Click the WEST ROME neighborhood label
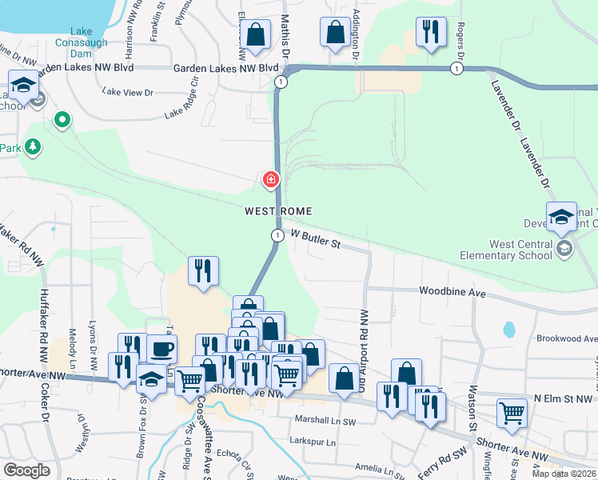[277, 210]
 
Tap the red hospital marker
[272, 179]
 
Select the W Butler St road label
[316, 238]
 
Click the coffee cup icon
[161, 349]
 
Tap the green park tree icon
[33, 146]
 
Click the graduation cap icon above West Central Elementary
[562, 216]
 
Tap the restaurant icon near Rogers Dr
[431, 32]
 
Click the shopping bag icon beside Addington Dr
[335, 33]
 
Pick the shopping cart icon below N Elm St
[512, 414]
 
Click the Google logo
[26, 470]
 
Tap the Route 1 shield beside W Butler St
[277, 235]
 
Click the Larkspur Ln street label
[313, 441]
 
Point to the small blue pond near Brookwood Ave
[508, 329]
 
